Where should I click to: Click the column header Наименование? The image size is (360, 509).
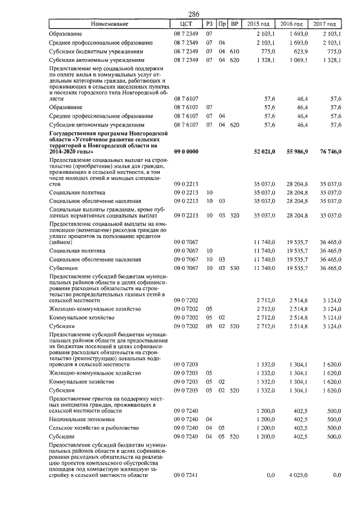click(109, 24)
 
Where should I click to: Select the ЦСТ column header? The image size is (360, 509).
click(187, 24)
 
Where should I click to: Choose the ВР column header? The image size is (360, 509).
click(236, 24)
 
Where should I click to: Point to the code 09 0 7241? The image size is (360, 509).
click(186, 475)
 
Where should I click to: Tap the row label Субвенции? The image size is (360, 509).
click(65, 268)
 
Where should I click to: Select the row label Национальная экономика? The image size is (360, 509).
click(82, 419)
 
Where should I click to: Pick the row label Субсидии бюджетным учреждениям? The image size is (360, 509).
click(97, 51)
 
